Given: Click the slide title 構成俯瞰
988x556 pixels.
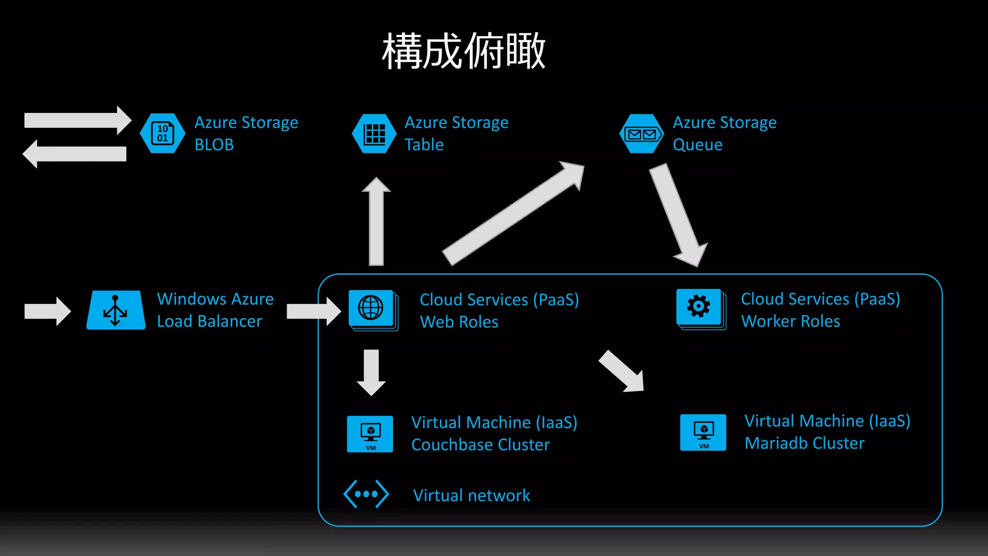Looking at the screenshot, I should coord(464,51).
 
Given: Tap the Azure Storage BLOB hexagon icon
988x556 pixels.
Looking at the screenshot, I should coord(163,133).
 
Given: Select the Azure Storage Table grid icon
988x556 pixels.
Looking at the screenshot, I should coord(374,134).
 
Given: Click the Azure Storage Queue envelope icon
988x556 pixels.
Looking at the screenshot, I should coord(641,134).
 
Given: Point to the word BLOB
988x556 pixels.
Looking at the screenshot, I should coord(214,145).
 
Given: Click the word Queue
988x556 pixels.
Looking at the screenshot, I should coord(698,145).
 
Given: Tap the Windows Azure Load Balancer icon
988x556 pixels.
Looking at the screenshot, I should coord(116,310).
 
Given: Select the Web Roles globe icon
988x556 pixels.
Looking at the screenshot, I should coord(371,308).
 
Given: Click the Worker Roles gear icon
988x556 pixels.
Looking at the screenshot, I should coord(699,306).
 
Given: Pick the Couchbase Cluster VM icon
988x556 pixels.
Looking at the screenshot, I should coord(370,433).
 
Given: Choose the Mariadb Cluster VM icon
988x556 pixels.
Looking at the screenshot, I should coord(703,432).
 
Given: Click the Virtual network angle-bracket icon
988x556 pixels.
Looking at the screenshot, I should coord(366,494).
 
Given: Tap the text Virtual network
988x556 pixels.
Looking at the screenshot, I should coord(471,496).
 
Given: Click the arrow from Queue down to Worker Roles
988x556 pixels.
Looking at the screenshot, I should coord(678,215).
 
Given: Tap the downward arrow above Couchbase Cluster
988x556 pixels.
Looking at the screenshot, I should coord(371,372).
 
